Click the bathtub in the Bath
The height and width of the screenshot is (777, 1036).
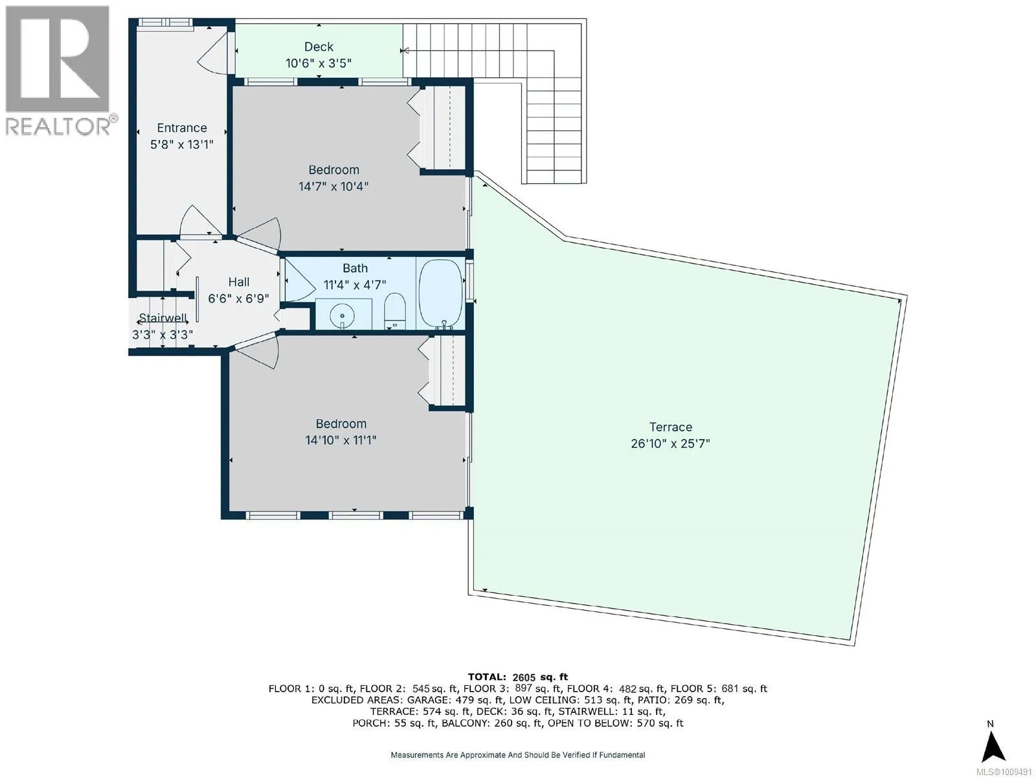click(x=440, y=293)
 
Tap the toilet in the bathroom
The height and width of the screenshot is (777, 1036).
click(x=394, y=311)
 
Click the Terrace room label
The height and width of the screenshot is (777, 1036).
click(x=670, y=427)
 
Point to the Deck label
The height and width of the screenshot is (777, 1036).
click(x=319, y=47)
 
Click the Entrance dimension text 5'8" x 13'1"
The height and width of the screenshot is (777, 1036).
click(x=182, y=144)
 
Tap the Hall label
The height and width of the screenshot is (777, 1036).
click(x=239, y=282)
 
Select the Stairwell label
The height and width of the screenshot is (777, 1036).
click(x=163, y=318)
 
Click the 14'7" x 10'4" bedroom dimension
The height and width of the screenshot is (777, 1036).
click(x=333, y=186)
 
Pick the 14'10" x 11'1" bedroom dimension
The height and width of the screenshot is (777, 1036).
click(x=341, y=440)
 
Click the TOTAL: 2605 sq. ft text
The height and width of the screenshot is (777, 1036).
click(x=518, y=677)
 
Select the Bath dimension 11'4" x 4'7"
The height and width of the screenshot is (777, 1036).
click(x=354, y=285)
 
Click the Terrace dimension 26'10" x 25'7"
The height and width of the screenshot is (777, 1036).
click(x=670, y=444)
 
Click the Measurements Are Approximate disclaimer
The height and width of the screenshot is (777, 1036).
click(x=518, y=755)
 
